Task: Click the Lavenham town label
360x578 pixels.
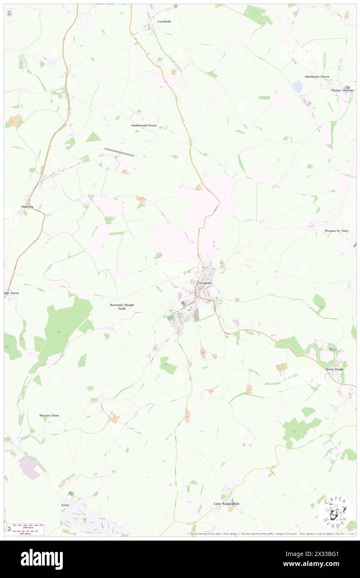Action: (205, 283)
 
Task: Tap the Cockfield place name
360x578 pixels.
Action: (164, 21)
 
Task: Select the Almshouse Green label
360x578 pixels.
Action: (317, 77)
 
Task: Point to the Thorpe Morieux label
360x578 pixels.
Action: (342, 90)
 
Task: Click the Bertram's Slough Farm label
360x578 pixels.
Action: (122, 306)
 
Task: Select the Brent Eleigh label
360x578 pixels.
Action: (335, 369)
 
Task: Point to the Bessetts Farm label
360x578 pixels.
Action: (49, 415)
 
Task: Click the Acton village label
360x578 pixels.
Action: (64, 505)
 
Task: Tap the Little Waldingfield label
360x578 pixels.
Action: (226, 504)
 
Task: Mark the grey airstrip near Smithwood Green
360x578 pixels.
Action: (119, 152)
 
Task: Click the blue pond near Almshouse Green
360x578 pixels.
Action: (297, 86)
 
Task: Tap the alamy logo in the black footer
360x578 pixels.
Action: (42, 559)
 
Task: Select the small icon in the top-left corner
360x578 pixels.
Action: (9, 13)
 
